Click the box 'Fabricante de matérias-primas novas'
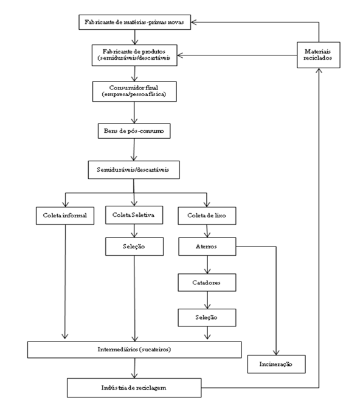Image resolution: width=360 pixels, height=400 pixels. point(134,22)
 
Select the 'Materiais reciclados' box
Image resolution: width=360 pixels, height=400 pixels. point(319,55)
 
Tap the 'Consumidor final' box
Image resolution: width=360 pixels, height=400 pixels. point(134,91)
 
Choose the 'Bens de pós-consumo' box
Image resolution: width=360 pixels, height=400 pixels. point(134,131)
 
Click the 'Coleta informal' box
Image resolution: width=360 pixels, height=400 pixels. point(65,216)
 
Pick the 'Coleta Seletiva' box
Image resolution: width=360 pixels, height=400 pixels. point(134,215)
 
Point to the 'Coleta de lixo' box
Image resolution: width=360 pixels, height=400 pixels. point(207,216)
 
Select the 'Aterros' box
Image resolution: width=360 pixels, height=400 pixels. point(207,247)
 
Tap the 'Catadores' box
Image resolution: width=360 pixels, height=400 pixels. point(207,282)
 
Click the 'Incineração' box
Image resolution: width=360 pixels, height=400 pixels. point(276,364)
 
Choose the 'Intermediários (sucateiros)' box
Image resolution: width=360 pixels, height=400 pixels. point(134,349)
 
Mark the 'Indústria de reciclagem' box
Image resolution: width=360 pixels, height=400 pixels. point(134,388)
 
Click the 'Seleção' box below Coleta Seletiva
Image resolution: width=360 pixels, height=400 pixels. point(134,247)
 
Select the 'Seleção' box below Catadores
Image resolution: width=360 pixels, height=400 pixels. point(207,318)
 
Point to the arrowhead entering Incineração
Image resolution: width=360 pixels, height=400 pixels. point(276,353)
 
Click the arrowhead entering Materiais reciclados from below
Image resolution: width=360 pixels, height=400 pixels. point(319,71)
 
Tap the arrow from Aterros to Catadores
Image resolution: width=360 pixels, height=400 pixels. point(207,265)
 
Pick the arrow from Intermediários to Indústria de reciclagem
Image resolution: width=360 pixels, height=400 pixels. point(134,368)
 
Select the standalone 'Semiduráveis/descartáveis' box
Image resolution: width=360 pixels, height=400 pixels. point(134,170)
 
